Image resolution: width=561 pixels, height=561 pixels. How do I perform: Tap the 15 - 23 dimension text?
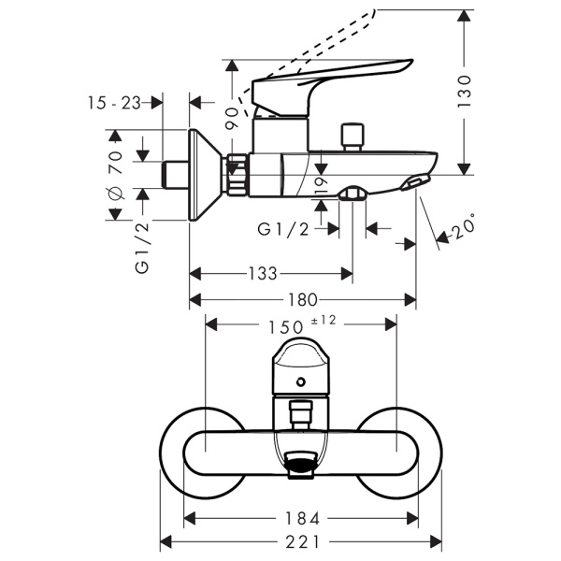click(x=116, y=103)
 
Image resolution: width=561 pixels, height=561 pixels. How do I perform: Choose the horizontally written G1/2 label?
click(x=283, y=228)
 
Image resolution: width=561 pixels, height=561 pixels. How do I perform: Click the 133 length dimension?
click(x=264, y=274)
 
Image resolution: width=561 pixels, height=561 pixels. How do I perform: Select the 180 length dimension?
click(x=302, y=299)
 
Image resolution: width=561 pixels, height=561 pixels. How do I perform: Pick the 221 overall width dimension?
click(x=301, y=542)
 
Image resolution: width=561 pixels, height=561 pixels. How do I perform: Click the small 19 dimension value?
click(x=322, y=185)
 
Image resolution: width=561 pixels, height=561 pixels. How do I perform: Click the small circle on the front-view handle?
click(x=302, y=381)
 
